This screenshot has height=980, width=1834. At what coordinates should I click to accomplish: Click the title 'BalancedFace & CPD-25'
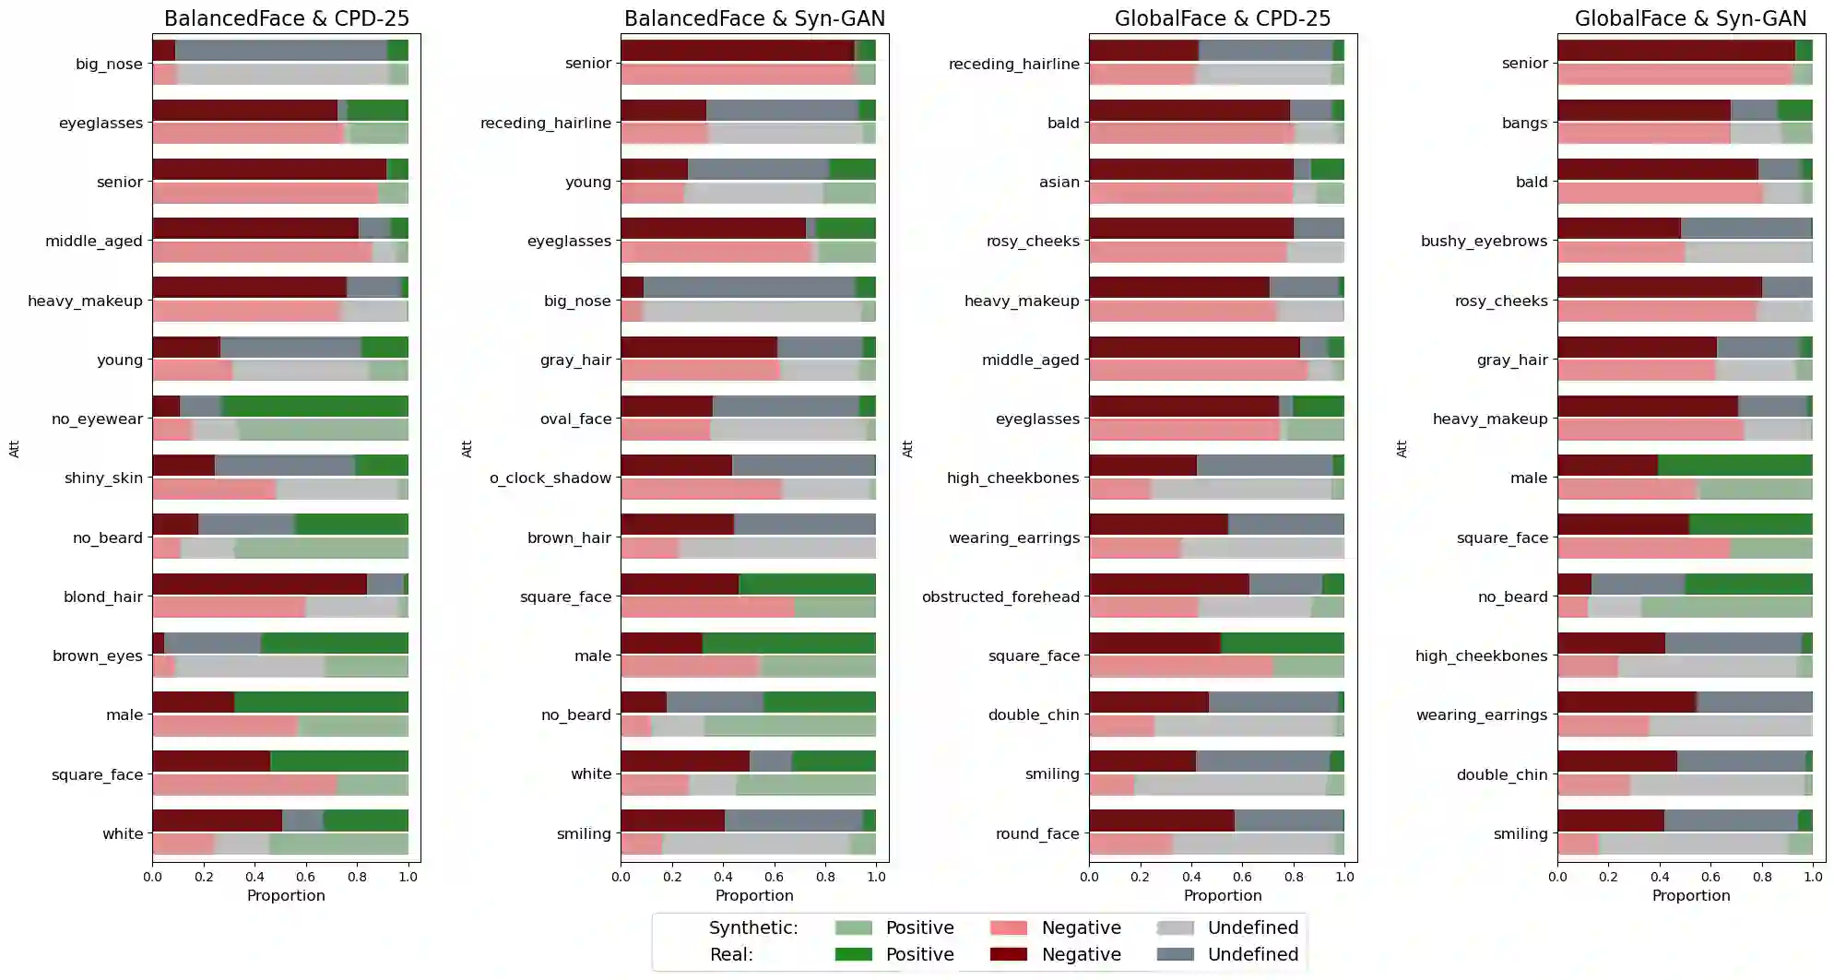pos(286,18)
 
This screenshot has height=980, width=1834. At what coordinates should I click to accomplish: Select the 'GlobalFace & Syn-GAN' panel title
pos(1690,18)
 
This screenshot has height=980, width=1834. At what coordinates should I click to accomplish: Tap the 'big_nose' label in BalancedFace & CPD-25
pos(109,65)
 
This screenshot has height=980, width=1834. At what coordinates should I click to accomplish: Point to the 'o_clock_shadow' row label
pos(550,478)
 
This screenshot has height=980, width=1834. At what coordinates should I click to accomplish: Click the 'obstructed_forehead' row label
pos(1000,596)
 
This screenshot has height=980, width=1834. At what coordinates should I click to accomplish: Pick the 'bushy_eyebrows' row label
pos(1484,241)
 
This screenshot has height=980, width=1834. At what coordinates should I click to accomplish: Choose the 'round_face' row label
pos(1037,833)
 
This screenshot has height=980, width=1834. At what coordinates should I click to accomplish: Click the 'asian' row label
pos(1059,182)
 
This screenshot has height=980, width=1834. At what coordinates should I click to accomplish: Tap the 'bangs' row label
pos(1524,123)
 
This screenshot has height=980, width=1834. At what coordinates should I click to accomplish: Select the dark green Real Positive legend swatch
pos(853,954)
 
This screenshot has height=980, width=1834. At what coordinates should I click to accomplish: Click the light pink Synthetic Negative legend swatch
pos(1008,927)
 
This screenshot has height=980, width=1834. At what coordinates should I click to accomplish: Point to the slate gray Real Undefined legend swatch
pos(1175,954)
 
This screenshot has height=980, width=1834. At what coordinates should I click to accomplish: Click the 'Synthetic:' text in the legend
pos(753,927)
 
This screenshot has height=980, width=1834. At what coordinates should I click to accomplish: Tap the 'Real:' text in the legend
pos(731,954)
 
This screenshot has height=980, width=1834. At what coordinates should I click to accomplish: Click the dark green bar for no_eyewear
pos(314,407)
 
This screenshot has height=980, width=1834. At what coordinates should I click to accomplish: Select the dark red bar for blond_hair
pos(259,584)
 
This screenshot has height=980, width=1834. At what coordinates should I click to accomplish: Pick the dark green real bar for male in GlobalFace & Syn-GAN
pos(1734,466)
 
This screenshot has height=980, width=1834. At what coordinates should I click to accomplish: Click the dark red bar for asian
pos(1190,170)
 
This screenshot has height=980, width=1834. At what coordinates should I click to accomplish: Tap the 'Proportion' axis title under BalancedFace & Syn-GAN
pos(754,895)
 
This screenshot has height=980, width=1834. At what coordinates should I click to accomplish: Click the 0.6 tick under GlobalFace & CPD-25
pos(1243,877)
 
